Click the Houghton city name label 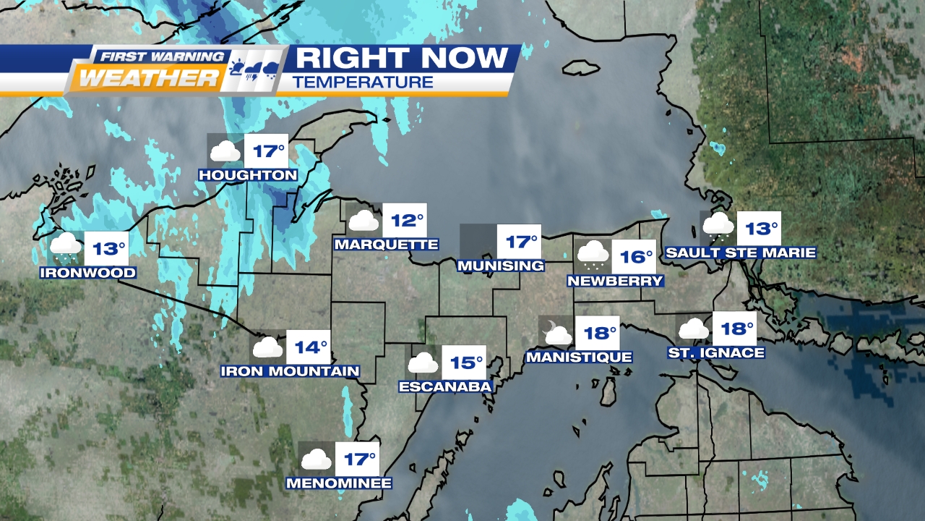click(248, 175)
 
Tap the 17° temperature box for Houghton click(265, 152)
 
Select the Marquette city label click(386, 245)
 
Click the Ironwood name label click(88, 273)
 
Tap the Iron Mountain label click(290, 371)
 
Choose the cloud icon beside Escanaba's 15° click(423, 363)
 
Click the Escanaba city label click(445, 386)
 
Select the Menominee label click(339, 483)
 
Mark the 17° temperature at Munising click(519, 242)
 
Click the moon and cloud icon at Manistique click(556, 333)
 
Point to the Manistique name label click(579, 357)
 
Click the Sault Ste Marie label click(741, 253)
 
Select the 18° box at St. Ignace click(734, 329)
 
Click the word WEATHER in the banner click(148, 77)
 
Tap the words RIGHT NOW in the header click(401, 58)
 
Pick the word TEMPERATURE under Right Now click(363, 82)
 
